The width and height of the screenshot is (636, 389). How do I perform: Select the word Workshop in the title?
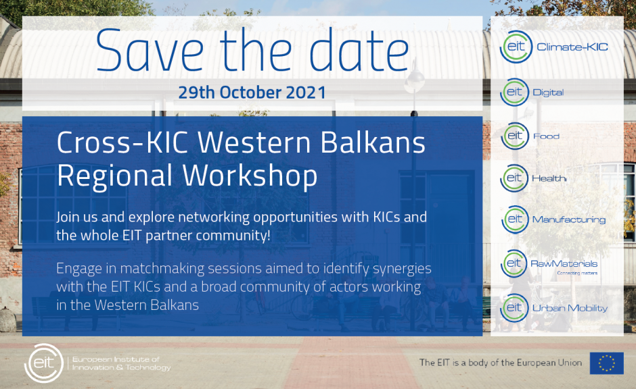click(x=250, y=176)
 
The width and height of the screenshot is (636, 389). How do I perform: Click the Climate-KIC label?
click(x=572, y=47)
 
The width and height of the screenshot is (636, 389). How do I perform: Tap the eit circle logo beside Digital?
click(x=514, y=93)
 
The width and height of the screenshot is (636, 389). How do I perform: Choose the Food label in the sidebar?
click(x=546, y=136)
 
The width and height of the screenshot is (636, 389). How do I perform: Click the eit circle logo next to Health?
click(x=514, y=178)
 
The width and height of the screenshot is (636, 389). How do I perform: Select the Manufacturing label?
click(x=568, y=219)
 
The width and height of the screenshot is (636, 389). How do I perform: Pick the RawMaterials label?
click(x=564, y=264)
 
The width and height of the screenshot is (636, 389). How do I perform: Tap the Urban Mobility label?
click(x=570, y=308)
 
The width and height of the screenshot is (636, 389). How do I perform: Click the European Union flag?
click(x=606, y=363)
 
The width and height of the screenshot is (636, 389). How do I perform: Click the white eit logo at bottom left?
click(x=44, y=363)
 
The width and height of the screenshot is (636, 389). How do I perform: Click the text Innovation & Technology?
click(x=121, y=367)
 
